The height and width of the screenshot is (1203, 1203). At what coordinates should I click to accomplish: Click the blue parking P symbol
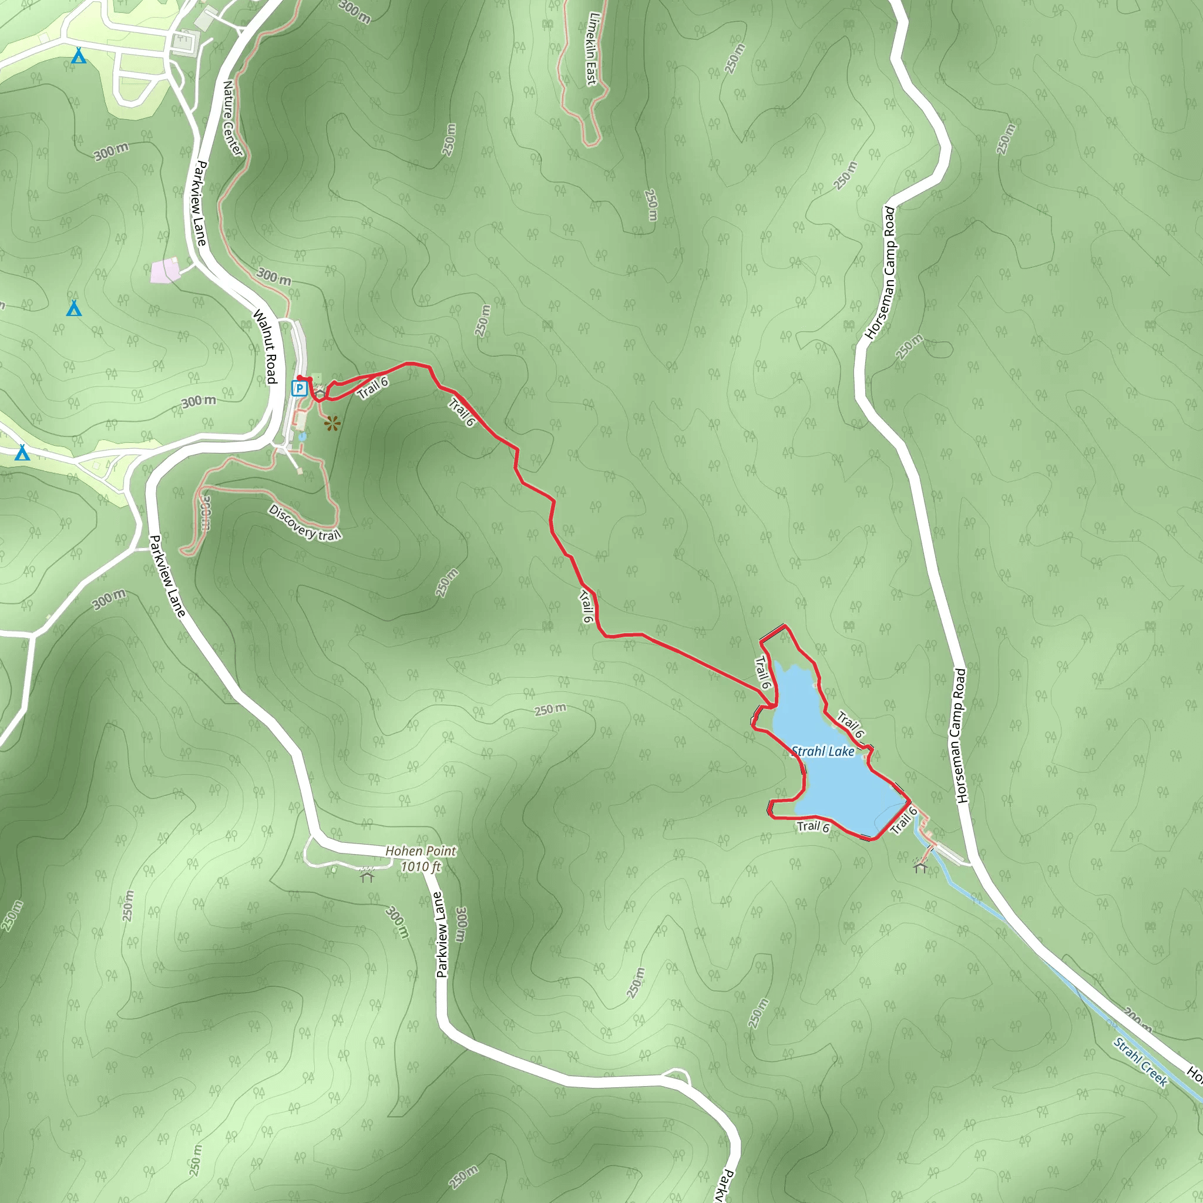tap(300, 388)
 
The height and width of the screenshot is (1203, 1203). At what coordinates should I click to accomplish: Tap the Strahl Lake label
tap(822, 751)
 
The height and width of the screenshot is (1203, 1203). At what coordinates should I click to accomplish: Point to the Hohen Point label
tap(421, 851)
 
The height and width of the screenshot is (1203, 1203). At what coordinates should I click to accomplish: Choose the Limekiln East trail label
tap(593, 49)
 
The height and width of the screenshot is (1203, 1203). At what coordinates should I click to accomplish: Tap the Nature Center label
tap(233, 118)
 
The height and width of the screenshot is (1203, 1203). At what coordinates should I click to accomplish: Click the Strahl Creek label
tap(1140, 1062)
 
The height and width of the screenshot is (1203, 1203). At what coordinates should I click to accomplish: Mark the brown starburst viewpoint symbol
tap(332, 424)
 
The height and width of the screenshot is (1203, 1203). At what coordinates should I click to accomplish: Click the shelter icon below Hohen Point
tap(367, 877)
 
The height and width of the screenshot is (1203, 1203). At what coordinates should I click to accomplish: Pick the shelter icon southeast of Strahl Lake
tap(920, 866)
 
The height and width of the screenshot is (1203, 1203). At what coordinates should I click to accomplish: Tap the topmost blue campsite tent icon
tap(78, 56)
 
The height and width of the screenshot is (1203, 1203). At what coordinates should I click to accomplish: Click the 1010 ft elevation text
tap(421, 866)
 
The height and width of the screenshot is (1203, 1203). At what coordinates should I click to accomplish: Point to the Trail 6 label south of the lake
tap(813, 826)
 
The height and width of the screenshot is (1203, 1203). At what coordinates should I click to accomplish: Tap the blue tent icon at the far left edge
tap(22, 452)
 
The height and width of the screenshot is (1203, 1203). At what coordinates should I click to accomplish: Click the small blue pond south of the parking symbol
tap(302, 437)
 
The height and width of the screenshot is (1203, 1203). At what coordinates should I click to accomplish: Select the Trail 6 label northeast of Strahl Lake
tap(851, 724)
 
